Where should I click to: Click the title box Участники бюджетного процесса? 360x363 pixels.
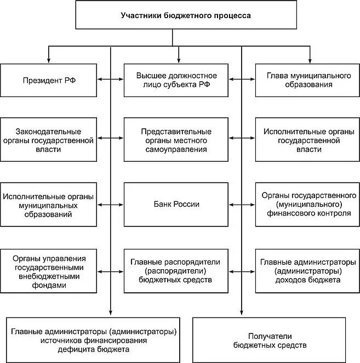coord(186,16)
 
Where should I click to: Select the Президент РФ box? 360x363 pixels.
coord(49,80)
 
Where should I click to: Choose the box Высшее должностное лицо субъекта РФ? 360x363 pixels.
coord(176,80)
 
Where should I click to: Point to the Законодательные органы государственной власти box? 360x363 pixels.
coord(49,140)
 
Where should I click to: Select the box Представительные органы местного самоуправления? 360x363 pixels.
coord(176,140)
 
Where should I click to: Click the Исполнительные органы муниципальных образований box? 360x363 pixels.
coord(49,205)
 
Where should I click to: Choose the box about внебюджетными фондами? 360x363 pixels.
coord(49,269)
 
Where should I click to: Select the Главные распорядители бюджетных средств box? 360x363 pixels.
coord(176,269)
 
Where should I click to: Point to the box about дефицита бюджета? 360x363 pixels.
coord(94,340)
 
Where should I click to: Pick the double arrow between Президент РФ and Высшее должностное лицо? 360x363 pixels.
coord(111,80)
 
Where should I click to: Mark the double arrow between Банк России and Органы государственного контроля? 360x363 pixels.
coord(242,205)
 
